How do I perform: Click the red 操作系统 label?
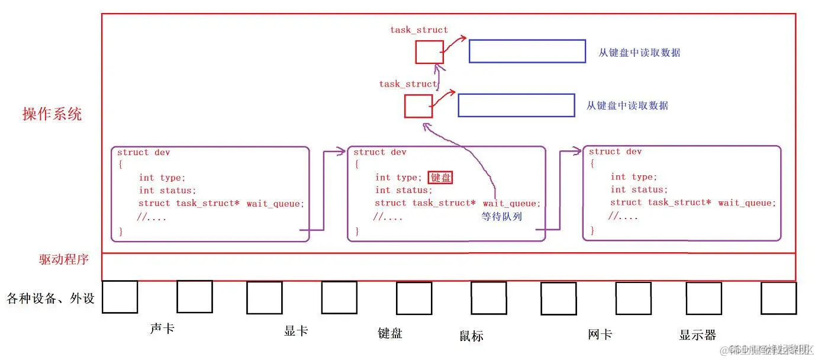coord(52,114)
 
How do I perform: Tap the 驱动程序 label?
coord(64,259)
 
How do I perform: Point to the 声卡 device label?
coord(162,328)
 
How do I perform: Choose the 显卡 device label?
coord(296,330)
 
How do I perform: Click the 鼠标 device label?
coord(471,336)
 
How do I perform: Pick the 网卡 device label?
coord(600,334)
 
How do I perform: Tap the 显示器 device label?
coord(697,335)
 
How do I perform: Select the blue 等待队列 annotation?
coord(502,217)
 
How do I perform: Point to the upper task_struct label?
coord(419,30)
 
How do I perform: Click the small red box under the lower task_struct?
coord(418,106)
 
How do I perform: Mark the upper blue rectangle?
coord(527,51)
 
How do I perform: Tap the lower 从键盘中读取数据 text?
coord(627,105)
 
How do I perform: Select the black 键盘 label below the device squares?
coord(390,333)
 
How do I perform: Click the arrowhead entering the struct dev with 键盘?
coord(342,152)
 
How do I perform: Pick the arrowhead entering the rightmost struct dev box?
coord(577,152)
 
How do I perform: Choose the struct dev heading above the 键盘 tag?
coord(380,152)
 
